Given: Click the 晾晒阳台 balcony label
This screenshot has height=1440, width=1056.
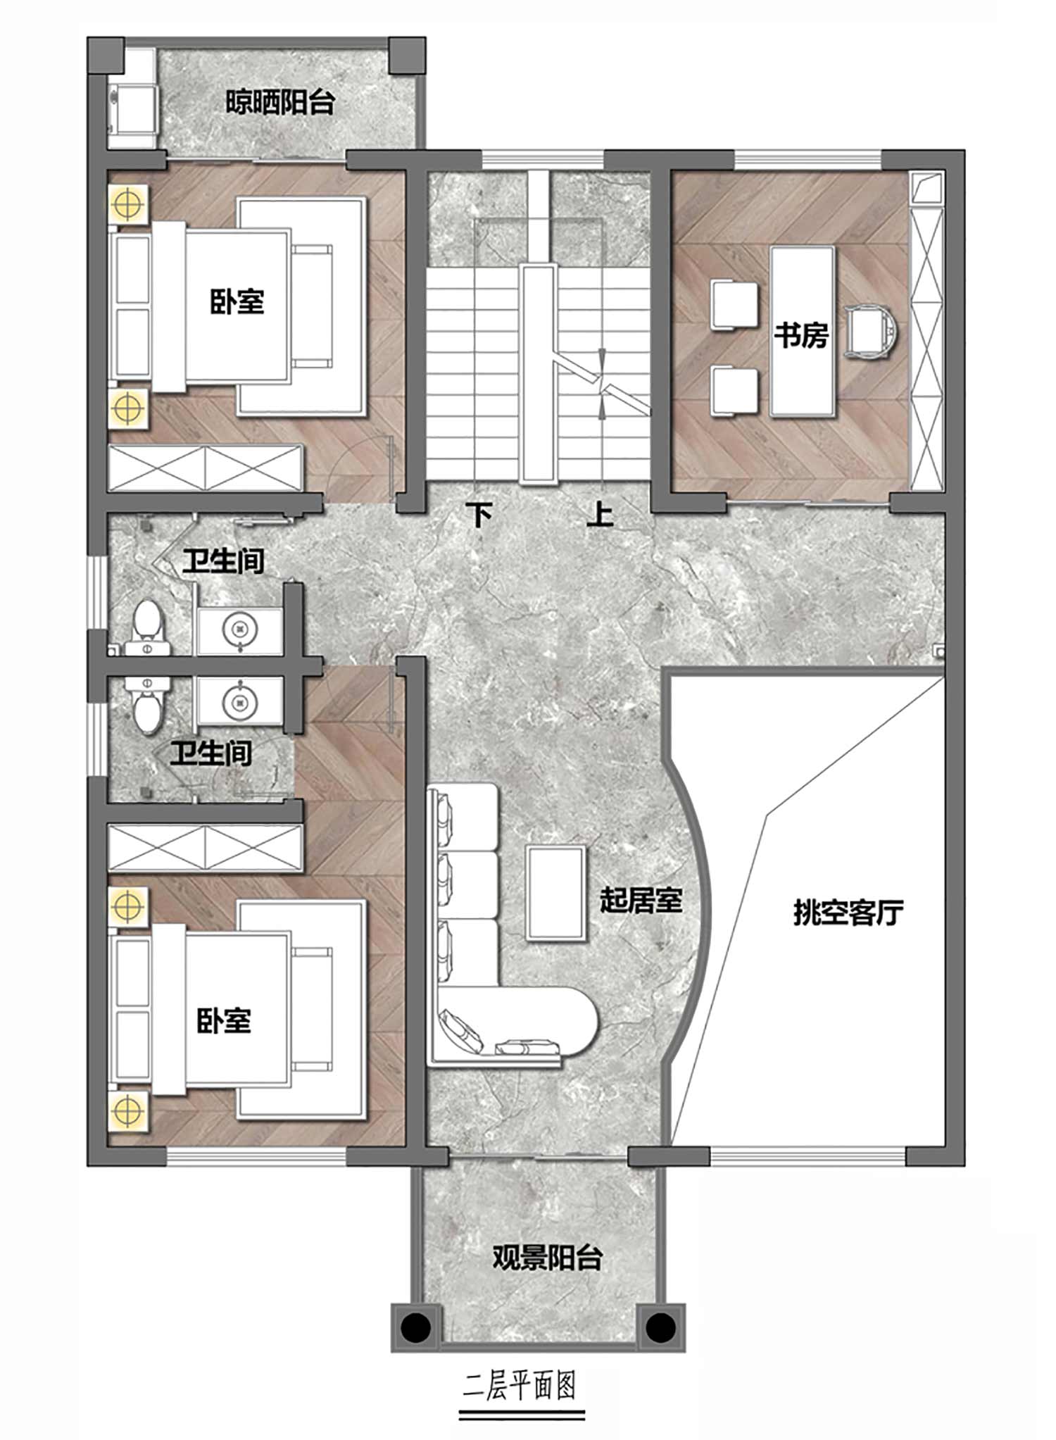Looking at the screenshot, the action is [x=280, y=103].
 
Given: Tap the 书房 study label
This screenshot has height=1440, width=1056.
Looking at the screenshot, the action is [x=801, y=334].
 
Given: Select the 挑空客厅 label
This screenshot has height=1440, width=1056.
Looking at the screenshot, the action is [x=848, y=913].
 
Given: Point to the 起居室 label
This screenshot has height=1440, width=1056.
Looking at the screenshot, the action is [x=641, y=899].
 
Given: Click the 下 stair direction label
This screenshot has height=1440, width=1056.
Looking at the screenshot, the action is [x=480, y=515].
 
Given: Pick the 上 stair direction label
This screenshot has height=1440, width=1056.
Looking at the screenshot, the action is [x=600, y=514].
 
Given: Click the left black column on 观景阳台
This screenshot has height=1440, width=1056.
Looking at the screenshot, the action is [x=416, y=1328].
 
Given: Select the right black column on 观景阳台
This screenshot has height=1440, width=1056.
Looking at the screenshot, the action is [x=660, y=1328].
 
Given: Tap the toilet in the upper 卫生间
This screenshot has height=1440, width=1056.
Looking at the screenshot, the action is [x=148, y=626].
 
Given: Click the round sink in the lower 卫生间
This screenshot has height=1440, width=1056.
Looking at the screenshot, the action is [x=240, y=701].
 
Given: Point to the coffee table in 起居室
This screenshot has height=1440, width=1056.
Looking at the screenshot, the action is [x=556, y=893].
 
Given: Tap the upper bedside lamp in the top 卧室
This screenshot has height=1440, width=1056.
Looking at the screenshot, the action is [x=127, y=204].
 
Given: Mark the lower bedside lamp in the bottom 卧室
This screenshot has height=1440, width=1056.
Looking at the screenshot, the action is [x=127, y=1111].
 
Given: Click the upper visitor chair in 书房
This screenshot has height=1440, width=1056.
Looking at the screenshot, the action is [x=734, y=304].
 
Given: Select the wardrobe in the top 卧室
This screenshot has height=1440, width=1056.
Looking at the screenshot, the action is [x=206, y=468].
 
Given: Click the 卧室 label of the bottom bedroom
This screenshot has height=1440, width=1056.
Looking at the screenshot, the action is [x=224, y=1020].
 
